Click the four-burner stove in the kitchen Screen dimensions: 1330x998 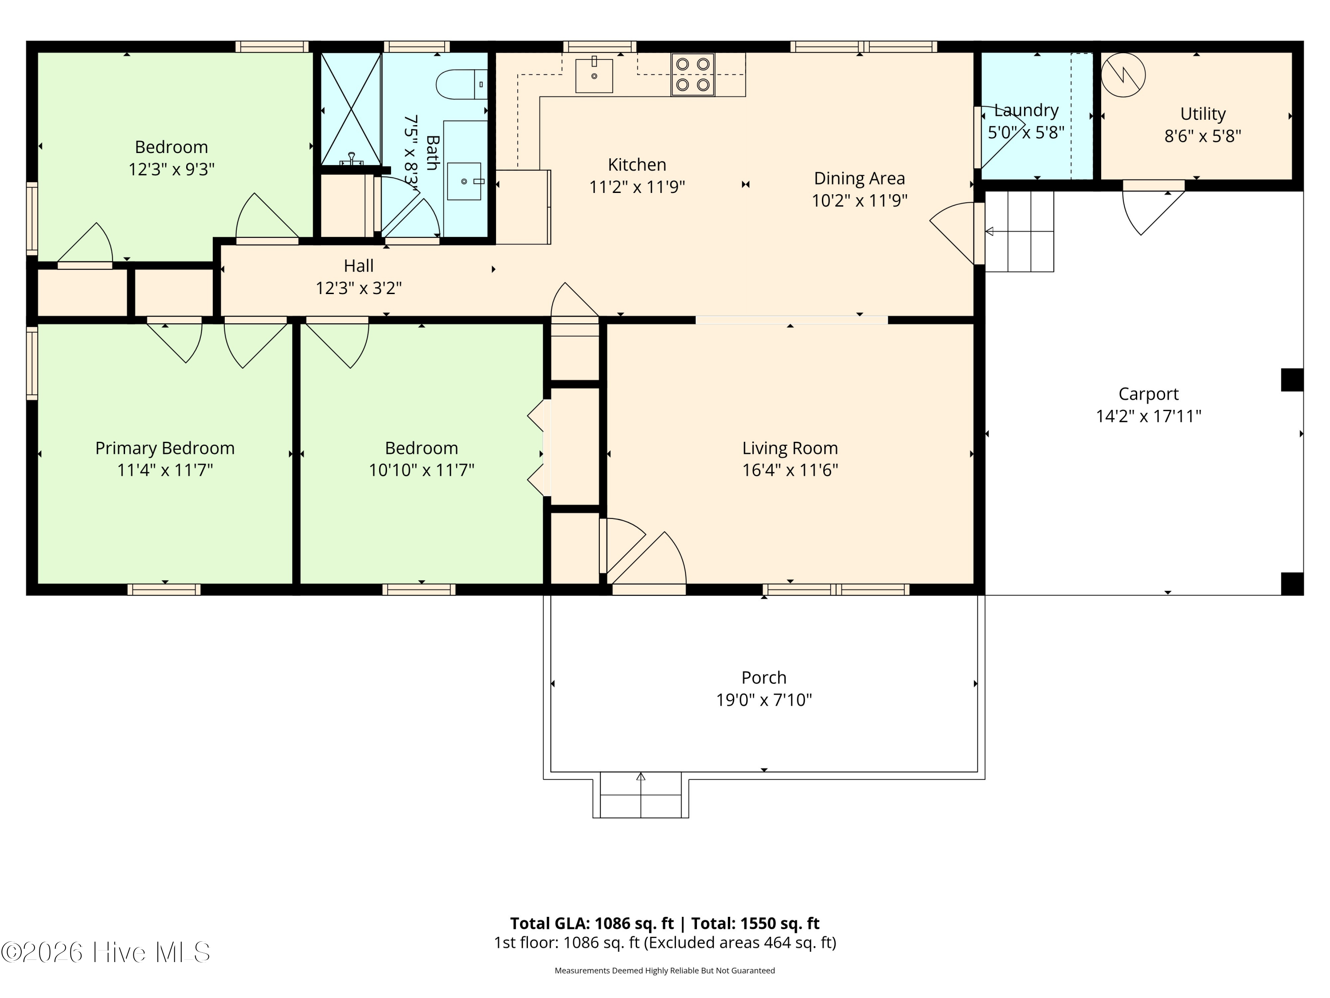692,75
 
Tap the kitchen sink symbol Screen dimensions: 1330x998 594,76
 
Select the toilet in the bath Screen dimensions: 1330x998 462,84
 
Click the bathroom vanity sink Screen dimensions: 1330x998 464,181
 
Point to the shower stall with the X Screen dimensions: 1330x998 351,109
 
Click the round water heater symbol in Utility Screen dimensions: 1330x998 1123,75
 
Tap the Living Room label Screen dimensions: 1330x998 790,448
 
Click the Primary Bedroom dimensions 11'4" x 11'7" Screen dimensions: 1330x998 165,470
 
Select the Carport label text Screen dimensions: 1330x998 1148,394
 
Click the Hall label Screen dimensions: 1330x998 359,266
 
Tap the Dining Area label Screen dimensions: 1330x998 860,179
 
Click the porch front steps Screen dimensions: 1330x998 641,795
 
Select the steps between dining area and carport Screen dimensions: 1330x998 1020,232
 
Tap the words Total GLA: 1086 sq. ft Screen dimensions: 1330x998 592,923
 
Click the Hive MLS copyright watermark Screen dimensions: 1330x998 106,952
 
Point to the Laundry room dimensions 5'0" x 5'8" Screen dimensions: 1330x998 1026,132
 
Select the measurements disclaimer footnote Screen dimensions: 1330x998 665,970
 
